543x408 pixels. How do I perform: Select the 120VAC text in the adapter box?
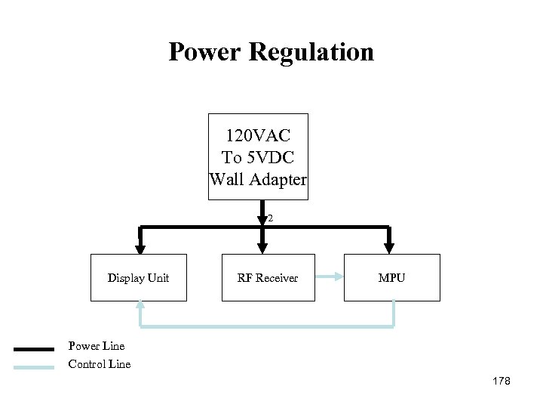(258, 136)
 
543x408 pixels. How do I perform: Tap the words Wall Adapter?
(258, 180)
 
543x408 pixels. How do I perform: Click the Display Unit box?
(138, 278)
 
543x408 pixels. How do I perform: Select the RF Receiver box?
(268, 278)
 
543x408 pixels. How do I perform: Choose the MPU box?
(391, 278)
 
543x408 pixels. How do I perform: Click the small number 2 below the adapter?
(269, 218)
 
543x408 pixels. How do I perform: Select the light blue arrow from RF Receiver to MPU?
(329, 278)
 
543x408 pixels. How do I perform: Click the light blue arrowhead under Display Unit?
(140, 306)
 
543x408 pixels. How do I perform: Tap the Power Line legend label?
(97, 347)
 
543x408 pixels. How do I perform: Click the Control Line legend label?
(100, 364)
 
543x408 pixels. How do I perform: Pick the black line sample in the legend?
(34, 349)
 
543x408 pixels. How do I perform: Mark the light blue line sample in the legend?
(34, 366)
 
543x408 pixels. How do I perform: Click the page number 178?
(500, 382)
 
